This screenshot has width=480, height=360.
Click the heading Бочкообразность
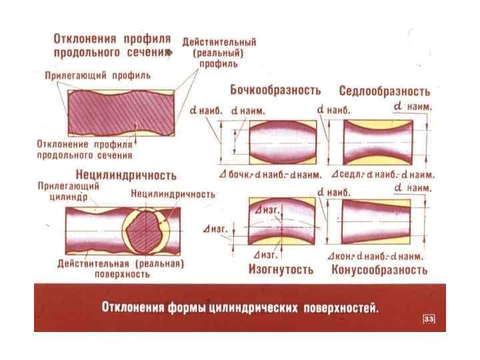pos(276,89)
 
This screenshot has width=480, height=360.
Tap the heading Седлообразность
pos(384,91)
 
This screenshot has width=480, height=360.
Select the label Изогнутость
pos(281,269)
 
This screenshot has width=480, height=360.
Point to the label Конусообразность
pos(379,270)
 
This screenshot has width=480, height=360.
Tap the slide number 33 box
pos(429,320)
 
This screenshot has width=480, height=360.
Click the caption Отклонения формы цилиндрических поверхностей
pos(239,308)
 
